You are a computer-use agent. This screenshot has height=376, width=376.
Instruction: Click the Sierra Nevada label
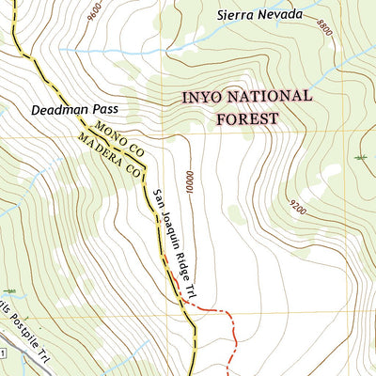(259, 14)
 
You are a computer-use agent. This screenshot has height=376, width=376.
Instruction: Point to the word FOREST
(247, 118)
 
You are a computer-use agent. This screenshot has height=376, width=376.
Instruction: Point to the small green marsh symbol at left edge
(9, 291)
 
